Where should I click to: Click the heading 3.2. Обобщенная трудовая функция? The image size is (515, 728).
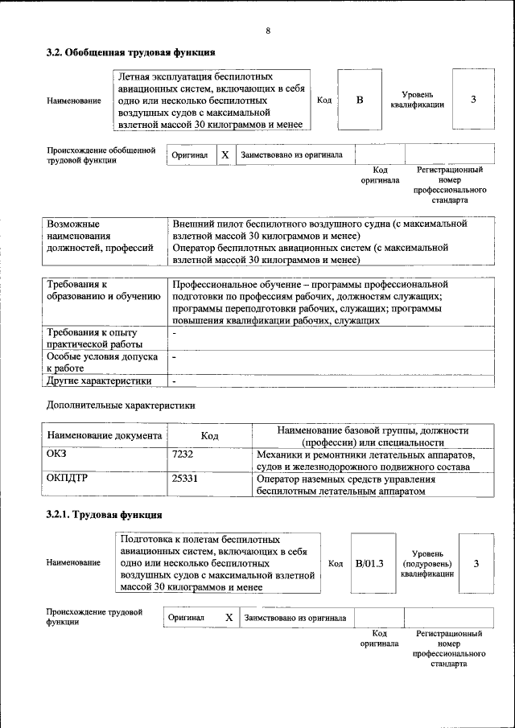(130, 52)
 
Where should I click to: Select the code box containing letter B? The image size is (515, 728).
(360, 100)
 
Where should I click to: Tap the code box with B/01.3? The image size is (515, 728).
(370, 563)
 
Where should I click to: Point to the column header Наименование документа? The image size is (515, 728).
(105, 435)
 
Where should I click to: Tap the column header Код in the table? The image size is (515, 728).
(210, 435)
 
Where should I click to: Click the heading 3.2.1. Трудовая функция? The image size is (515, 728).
(104, 515)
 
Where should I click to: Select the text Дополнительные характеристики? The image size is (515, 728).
(121, 405)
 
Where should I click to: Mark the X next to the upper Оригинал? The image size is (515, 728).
(225, 154)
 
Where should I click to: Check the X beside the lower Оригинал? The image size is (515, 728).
(229, 618)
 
